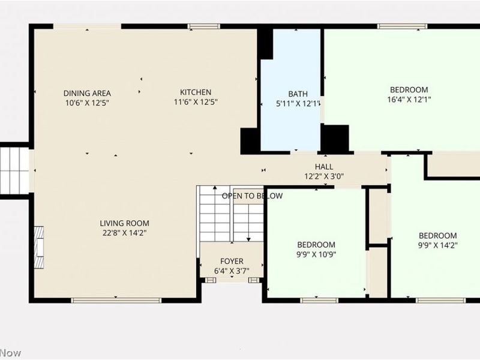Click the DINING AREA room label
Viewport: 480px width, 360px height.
(x=87, y=93)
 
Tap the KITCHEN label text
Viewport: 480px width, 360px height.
(x=196, y=92)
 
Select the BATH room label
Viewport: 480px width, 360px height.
(x=298, y=94)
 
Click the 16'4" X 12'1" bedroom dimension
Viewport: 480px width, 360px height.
(x=409, y=100)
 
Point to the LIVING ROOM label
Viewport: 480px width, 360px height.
(x=124, y=223)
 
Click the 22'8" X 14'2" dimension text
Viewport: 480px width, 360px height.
(x=124, y=233)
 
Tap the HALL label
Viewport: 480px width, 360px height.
(x=324, y=167)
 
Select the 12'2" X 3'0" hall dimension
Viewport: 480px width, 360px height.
(x=324, y=176)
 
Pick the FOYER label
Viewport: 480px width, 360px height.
(x=232, y=261)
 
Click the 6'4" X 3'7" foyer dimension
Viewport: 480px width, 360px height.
(x=232, y=271)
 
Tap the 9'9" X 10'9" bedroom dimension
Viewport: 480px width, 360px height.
(x=316, y=254)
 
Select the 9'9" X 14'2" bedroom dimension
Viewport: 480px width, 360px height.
(x=437, y=245)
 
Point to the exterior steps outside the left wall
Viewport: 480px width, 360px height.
(x=14, y=170)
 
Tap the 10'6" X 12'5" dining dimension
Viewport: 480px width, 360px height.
(x=87, y=103)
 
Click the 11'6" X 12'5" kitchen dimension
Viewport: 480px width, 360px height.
(x=196, y=102)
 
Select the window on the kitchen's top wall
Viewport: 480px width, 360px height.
(x=203, y=26)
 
